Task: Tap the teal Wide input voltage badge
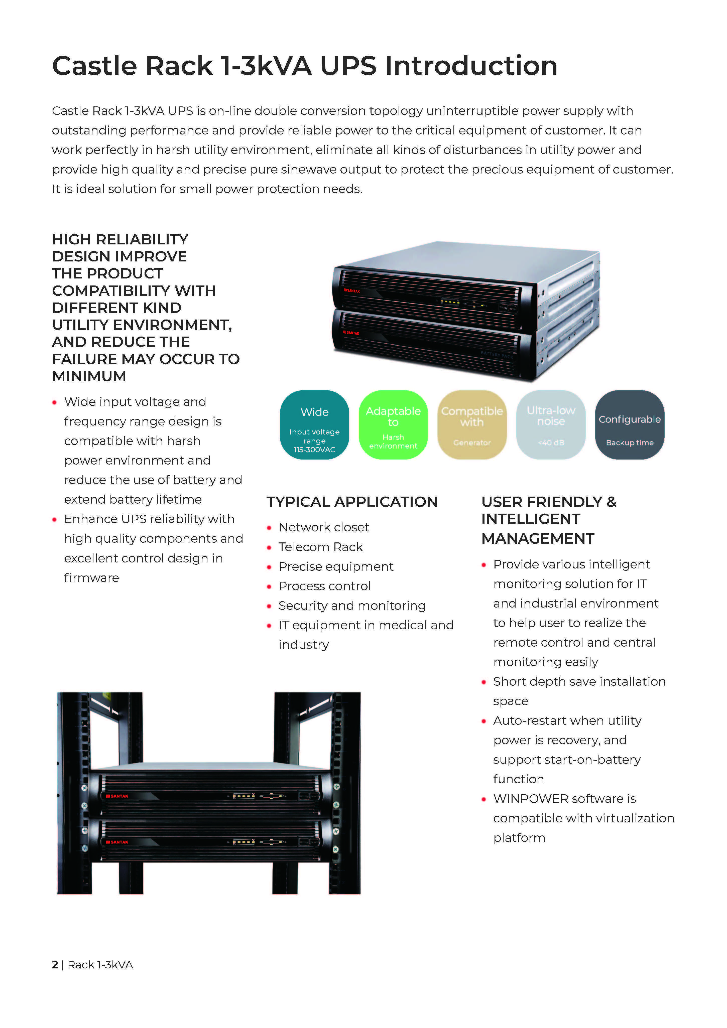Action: (x=314, y=424)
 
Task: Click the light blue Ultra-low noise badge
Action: (x=551, y=424)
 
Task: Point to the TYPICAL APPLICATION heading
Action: (x=352, y=502)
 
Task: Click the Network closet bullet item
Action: (x=323, y=527)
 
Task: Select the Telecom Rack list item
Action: (x=320, y=547)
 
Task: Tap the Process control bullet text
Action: (x=324, y=586)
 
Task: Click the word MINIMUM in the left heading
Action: (x=89, y=376)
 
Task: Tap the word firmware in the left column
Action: (x=91, y=578)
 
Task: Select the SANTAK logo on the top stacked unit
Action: (x=352, y=291)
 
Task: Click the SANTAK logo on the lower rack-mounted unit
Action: (x=117, y=842)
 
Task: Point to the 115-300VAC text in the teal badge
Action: (x=314, y=450)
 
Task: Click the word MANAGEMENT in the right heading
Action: (x=538, y=539)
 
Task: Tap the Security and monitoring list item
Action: (x=352, y=606)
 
